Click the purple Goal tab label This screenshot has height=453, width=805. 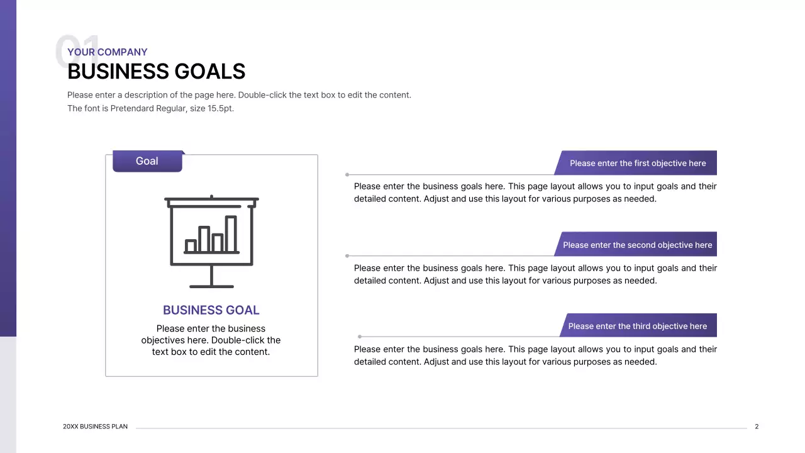tap(147, 161)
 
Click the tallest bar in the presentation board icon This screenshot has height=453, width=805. tap(231, 234)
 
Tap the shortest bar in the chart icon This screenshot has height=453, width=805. tap(191, 246)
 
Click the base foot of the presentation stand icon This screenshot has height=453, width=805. tap(211, 286)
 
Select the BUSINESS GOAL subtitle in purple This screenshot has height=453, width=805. tap(211, 310)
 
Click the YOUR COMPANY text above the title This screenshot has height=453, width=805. tap(108, 52)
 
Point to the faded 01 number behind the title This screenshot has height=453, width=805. tap(75, 50)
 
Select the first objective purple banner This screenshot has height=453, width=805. tap(637, 163)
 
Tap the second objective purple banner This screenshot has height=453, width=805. tap(637, 245)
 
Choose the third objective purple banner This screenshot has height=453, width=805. tap(637, 326)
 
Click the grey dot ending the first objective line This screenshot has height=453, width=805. tap(347, 175)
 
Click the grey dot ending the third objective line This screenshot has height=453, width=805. tap(360, 337)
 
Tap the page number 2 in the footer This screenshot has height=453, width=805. tap(757, 427)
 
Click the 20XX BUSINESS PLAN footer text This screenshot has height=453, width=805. tap(95, 427)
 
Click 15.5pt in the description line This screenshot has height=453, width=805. tap(220, 108)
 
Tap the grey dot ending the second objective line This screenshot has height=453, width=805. tap(347, 256)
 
